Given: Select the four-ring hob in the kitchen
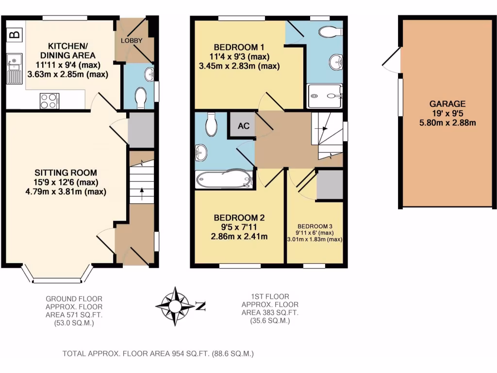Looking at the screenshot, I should pyautogui.click(x=48, y=101).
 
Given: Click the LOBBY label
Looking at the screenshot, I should pyautogui.click(x=132, y=40).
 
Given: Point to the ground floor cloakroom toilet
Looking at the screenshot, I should pyautogui.click(x=141, y=97).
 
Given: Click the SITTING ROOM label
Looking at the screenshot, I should pyautogui.click(x=66, y=172).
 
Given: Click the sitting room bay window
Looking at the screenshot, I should pyautogui.click(x=57, y=277).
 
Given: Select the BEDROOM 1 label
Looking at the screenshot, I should pyautogui.click(x=239, y=47).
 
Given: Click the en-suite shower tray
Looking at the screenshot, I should pyautogui.click(x=325, y=96).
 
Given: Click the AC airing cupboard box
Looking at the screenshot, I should pyautogui.click(x=243, y=126).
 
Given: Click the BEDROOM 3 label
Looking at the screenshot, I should pyautogui.click(x=315, y=226).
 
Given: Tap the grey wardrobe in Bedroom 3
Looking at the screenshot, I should pyautogui.click(x=330, y=185).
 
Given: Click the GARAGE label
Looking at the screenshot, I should pyautogui.click(x=447, y=103).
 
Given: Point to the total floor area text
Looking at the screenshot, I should pyautogui.click(x=158, y=354).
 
